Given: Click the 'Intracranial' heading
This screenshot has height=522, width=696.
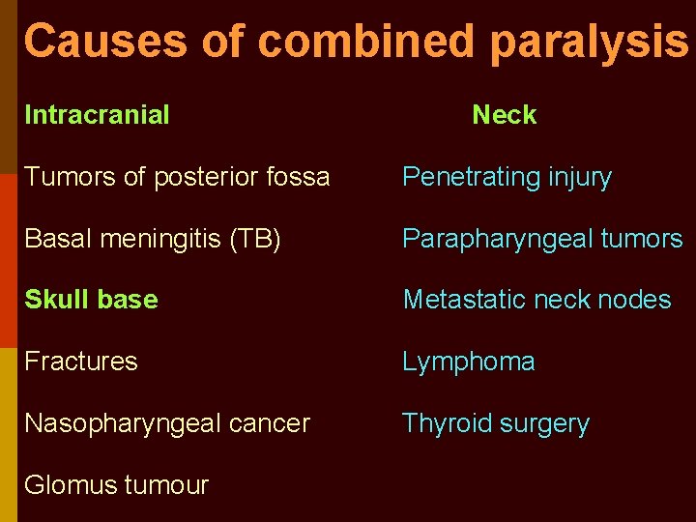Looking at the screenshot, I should coord(97,115).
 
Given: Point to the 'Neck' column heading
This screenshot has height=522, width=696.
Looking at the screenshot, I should coord(504,115).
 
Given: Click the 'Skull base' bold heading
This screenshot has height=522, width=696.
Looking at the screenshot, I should coord(91,300).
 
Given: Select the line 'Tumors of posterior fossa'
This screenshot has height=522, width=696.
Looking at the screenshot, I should coord(177,177).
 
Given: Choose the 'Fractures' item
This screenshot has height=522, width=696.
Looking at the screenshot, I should coord(81,362).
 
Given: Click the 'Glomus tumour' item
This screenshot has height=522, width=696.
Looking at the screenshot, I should coord(116,485).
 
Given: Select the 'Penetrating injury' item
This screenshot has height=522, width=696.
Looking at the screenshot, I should coord(507,178).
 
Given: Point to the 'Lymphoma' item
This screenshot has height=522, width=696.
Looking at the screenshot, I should coord(468,362).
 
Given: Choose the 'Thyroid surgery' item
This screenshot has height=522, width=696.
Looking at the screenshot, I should coord(495,424).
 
